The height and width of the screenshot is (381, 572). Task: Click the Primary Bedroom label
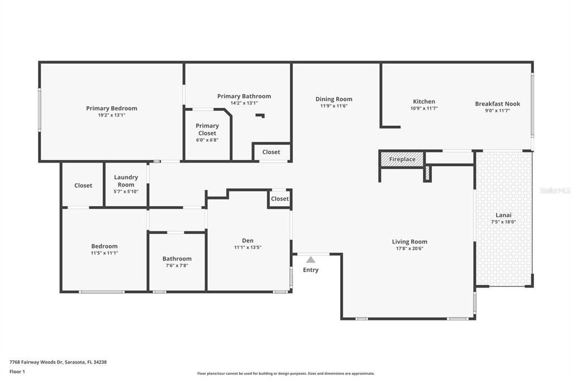[x=111, y=108]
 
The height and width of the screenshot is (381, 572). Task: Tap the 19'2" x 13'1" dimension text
[x=111, y=115]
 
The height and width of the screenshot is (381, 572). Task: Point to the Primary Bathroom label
[x=244, y=96]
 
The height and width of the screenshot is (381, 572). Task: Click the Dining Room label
[x=333, y=99]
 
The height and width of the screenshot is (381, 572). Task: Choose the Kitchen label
[x=423, y=102]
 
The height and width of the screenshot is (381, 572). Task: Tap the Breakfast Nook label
[x=497, y=104]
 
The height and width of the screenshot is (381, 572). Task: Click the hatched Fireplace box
[x=402, y=159]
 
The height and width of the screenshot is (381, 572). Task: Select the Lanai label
[x=503, y=215]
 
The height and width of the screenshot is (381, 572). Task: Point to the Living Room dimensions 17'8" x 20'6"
[x=409, y=249]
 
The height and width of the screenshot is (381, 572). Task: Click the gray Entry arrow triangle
[x=311, y=259]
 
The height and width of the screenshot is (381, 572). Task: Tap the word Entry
[x=311, y=270]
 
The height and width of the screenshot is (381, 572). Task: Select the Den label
[x=247, y=241]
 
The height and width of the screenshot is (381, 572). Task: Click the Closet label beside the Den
[x=280, y=199]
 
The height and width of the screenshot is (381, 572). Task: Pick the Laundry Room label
[x=126, y=181]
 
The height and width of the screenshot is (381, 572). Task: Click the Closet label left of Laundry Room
[x=83, y=185]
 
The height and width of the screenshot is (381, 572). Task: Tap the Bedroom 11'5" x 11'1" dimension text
[x=104, y=253]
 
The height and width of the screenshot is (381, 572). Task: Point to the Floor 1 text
[x=18, y=371]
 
